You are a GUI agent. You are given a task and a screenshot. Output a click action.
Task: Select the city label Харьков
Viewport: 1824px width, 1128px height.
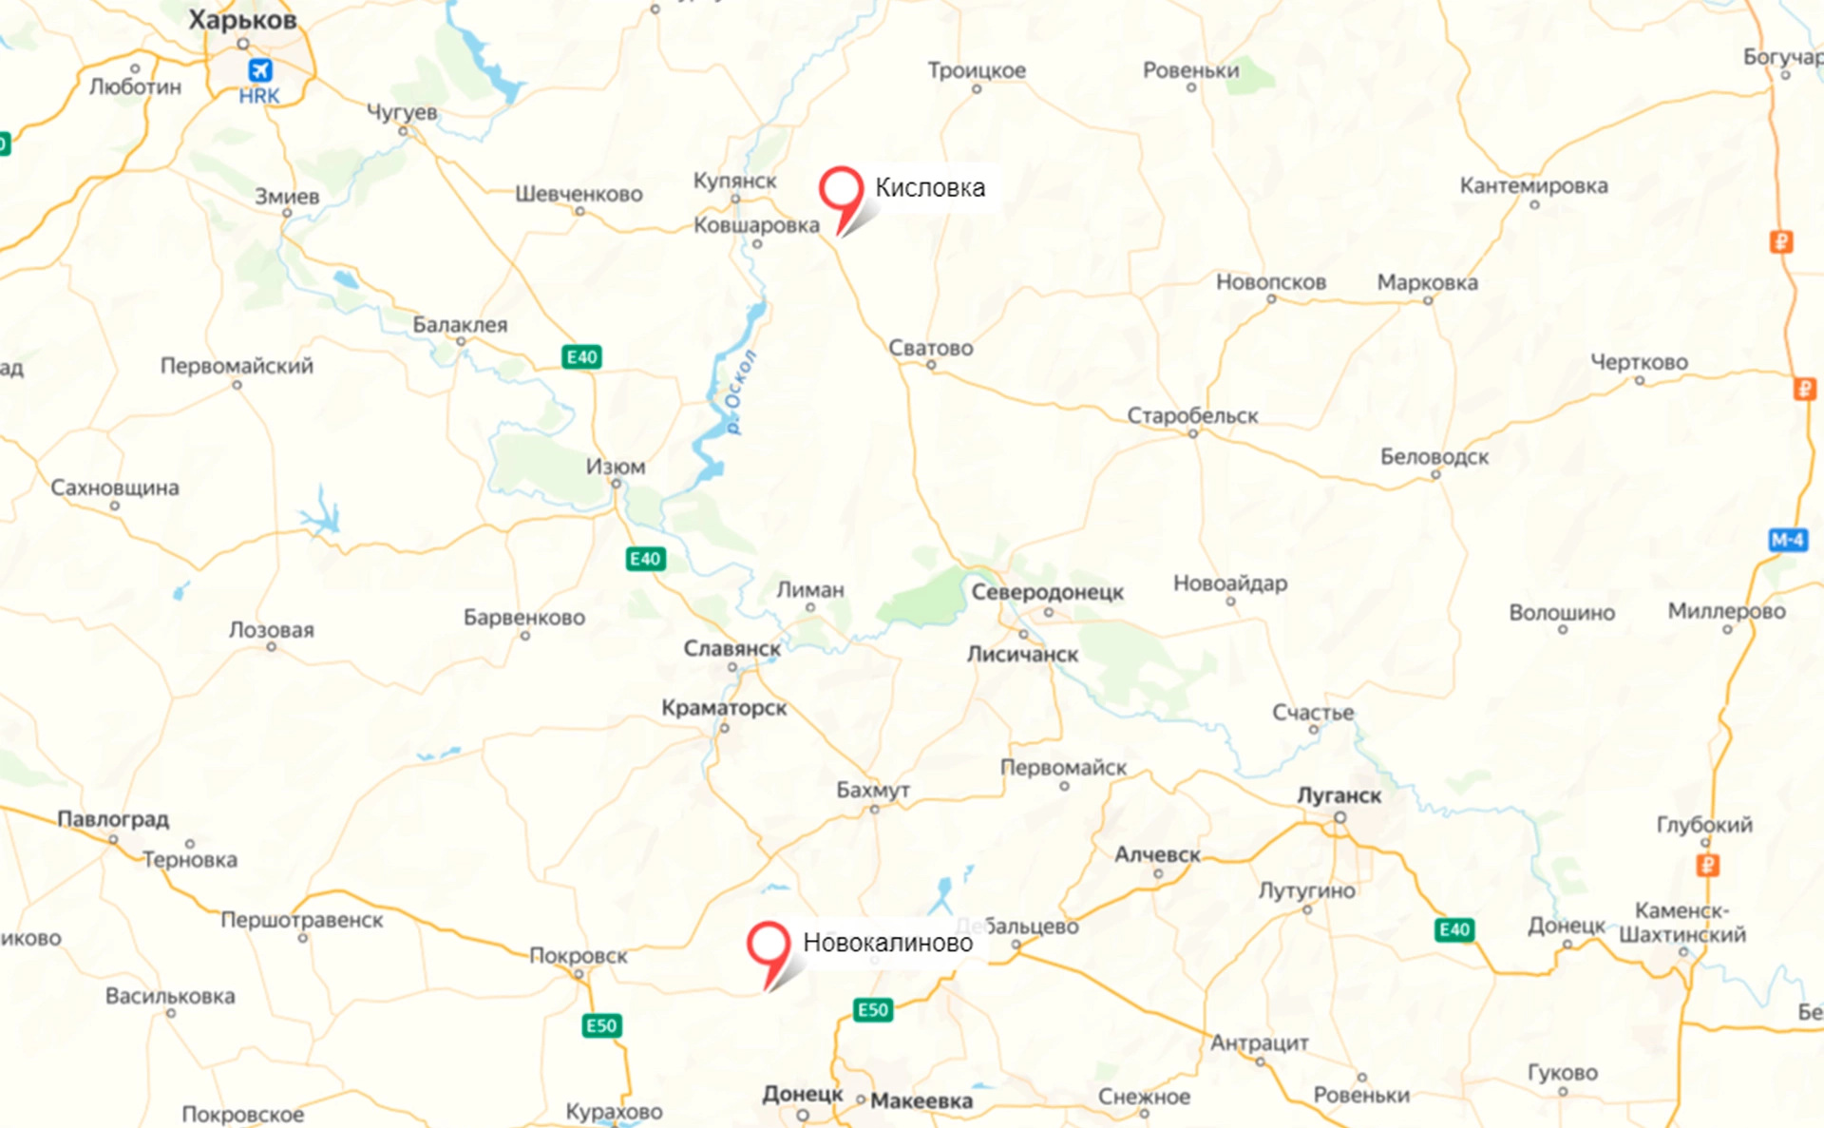coord(242,20)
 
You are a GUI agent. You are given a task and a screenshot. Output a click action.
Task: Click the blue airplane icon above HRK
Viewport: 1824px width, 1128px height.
coord(259,70)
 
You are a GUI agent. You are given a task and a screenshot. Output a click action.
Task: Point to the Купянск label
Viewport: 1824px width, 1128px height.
coord(734,181)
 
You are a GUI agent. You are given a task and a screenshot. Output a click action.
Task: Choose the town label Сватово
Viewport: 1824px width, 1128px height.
coord(930,348)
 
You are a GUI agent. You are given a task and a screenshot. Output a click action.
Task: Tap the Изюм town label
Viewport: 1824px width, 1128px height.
coord(615,467)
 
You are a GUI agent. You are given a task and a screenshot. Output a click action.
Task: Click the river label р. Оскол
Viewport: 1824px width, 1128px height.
coord(740,392)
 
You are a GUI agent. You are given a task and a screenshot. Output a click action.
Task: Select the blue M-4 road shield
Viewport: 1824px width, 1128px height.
coord(1787,540)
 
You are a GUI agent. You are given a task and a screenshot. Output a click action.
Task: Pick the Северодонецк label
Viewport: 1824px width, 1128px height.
coord(1047,592)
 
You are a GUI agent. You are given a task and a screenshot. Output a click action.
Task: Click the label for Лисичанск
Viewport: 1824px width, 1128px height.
coord(1022,654)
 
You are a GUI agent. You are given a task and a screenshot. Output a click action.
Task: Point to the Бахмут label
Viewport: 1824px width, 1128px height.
coord(872,790)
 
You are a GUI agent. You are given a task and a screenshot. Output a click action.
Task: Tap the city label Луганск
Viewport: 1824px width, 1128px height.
coord(1339,795)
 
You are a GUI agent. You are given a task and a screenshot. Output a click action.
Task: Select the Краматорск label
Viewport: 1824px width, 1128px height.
coord(724,708)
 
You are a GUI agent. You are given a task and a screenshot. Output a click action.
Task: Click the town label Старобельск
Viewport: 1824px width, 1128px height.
coord(1192,415)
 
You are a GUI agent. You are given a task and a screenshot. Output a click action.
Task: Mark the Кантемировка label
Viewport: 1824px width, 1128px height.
coord(1533,185)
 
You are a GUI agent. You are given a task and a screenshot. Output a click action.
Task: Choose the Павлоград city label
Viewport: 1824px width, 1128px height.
coord(113,819)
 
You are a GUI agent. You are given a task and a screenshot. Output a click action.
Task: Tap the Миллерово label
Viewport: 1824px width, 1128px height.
coord(1726,611)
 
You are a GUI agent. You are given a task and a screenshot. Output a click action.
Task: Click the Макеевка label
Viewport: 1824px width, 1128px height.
coord(921,1100)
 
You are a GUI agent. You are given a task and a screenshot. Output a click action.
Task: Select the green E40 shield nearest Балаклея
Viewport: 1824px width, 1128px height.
coord(581,357)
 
